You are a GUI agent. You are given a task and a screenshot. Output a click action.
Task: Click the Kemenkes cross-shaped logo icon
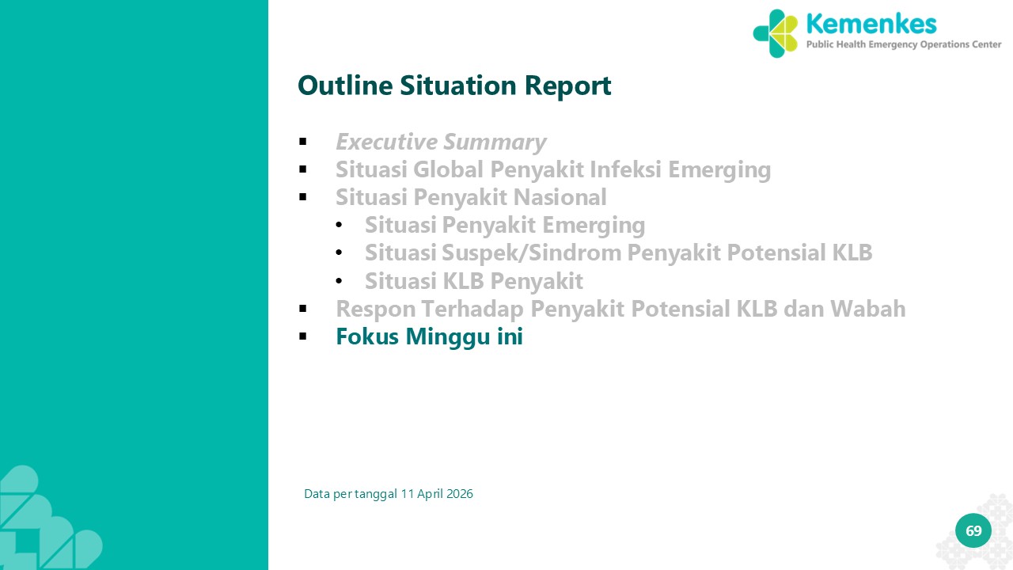pos(776,33)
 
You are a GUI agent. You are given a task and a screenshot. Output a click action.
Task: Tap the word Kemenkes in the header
pos(871,24)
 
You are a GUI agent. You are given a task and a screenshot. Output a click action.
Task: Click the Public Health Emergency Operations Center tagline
pos(904,44)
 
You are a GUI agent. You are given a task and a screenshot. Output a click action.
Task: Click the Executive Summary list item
pos(441,142)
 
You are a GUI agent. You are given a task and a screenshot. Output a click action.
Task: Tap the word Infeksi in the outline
pos(625,169)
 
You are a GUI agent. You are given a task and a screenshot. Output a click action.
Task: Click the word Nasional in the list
pos(560,197)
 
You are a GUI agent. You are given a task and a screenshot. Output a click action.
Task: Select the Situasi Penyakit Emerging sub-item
pos(505,226)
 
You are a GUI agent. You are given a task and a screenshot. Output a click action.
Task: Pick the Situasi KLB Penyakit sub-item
pos(474,281)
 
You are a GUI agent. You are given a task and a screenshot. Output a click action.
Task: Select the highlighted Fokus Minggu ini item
pos(429,337)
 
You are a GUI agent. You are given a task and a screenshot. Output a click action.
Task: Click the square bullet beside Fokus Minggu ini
pos(302,336)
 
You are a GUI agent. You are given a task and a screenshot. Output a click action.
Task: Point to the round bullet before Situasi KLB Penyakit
pos(339,281)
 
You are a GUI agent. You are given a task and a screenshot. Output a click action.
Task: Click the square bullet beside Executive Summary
pos(302,142)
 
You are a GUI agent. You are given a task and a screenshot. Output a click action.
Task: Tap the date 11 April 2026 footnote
pos(437,493)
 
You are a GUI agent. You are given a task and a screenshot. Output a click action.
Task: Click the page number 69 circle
pos(973,530)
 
